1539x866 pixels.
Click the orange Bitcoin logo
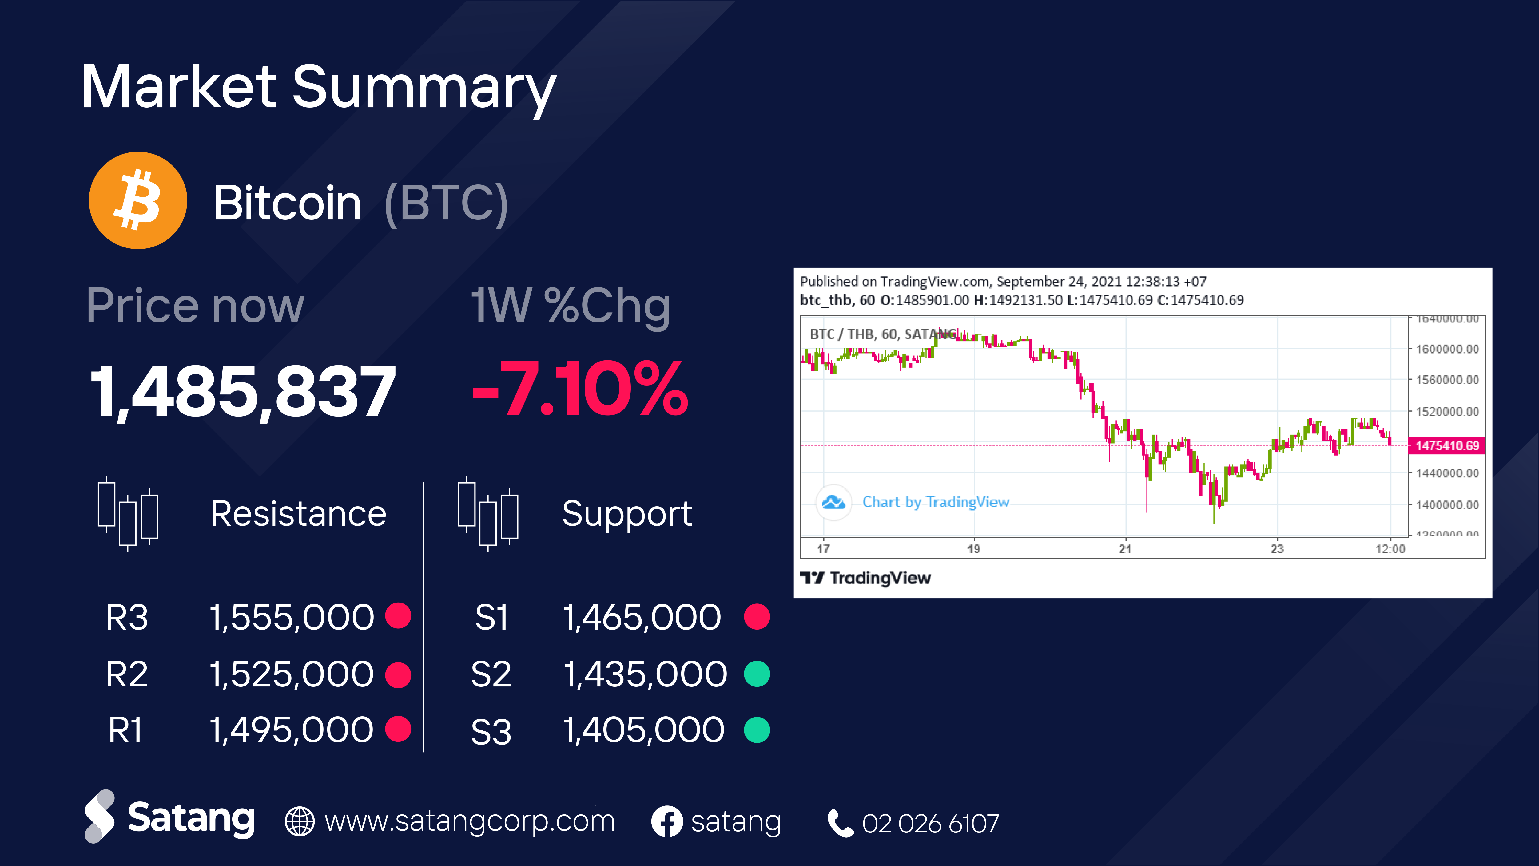tap(138, 201)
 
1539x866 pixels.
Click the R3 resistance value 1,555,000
tap(292, 617)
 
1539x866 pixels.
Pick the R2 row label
tap(127, 674)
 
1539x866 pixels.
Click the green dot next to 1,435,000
tap(757, 674)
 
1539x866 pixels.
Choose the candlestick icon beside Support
tap(487, 514)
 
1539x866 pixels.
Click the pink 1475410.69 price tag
tap(1446, 445)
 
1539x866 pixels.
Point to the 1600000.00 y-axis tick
tap(1447, 349)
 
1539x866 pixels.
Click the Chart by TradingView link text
tap(936, 502)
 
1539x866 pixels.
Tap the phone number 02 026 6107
tap(930, 824)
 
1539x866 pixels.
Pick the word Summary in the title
tap(424, 89)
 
